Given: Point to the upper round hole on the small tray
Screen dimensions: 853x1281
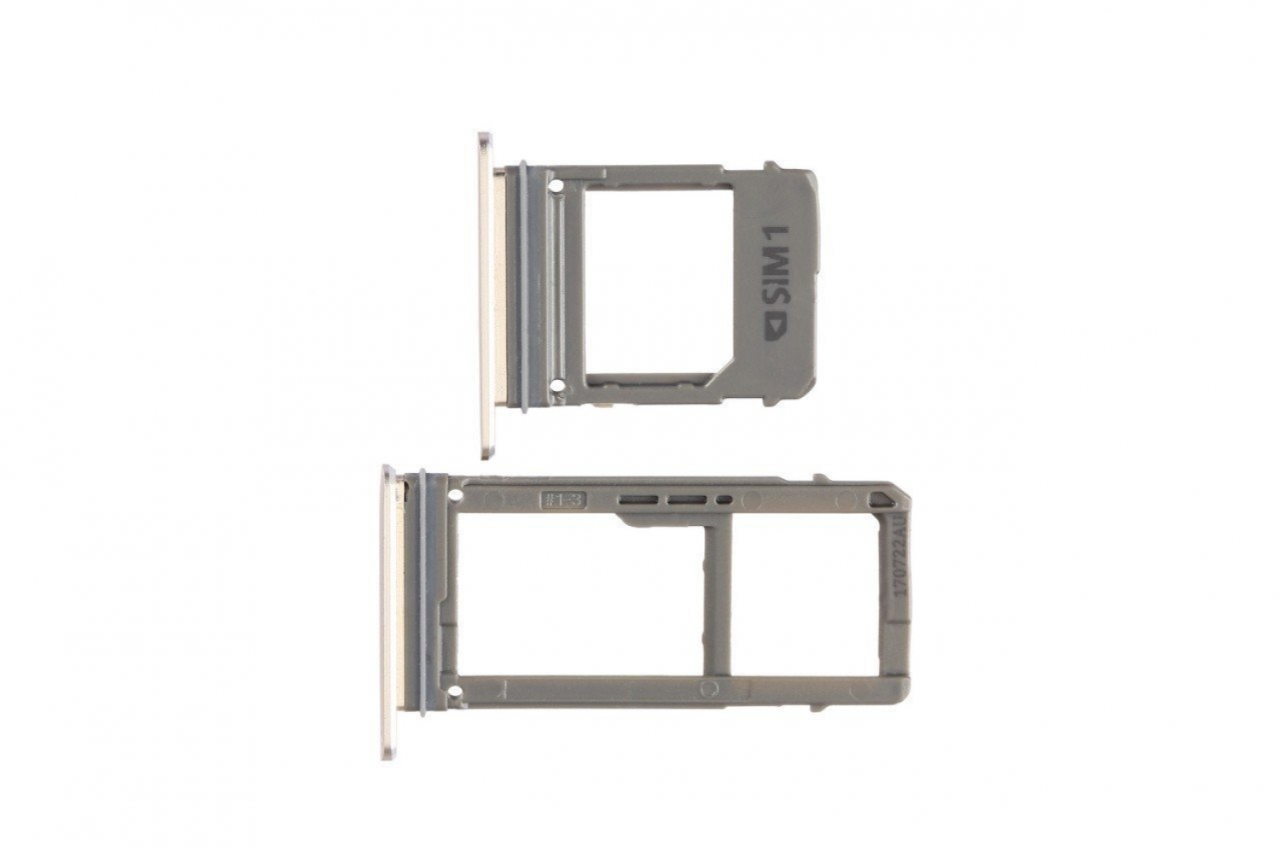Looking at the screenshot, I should tap(556, 183).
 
